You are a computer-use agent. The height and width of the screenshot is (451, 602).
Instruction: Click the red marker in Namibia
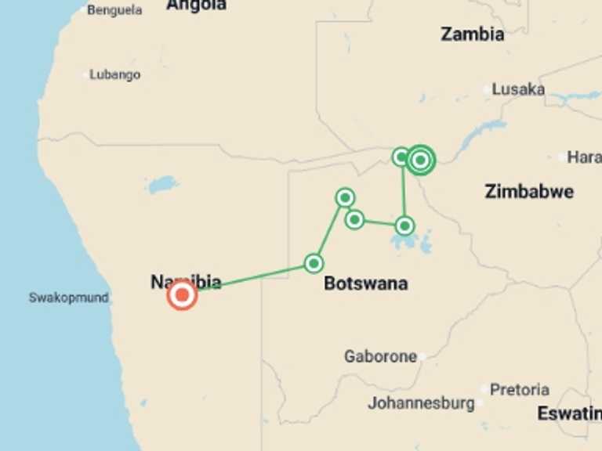(182, 295)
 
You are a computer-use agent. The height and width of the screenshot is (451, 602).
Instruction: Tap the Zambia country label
(472, 34)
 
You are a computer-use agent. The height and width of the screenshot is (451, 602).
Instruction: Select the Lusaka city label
(518, 89)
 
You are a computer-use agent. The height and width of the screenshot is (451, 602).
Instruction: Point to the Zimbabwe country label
(529, 191)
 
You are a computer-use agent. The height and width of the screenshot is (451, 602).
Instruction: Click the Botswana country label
(365, 283)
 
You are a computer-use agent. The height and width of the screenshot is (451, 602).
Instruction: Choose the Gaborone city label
(380, 356)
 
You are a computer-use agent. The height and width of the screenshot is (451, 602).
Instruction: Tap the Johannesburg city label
(421, 404)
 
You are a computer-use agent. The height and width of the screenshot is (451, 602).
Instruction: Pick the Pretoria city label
(520, 389)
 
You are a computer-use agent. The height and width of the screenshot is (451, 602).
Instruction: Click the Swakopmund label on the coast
(68, 298)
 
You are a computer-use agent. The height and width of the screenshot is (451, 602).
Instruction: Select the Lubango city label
(114, 75)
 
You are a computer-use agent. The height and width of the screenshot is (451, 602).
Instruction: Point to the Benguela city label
(114, 10)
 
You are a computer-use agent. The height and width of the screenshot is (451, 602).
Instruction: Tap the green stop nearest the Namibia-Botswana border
(314, 263)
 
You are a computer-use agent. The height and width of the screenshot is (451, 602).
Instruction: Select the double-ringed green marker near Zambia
(421, 160)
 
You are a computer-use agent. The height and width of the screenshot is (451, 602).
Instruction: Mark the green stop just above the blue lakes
(404, 225)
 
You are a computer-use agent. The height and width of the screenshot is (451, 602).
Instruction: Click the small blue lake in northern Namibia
(162, 186)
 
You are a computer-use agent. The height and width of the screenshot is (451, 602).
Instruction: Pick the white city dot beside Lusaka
(487, 90)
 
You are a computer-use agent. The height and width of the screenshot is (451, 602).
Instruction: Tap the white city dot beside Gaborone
(422, 356)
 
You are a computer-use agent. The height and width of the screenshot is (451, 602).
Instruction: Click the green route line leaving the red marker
(251, 279)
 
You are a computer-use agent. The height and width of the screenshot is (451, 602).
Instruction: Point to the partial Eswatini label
(569, 413)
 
